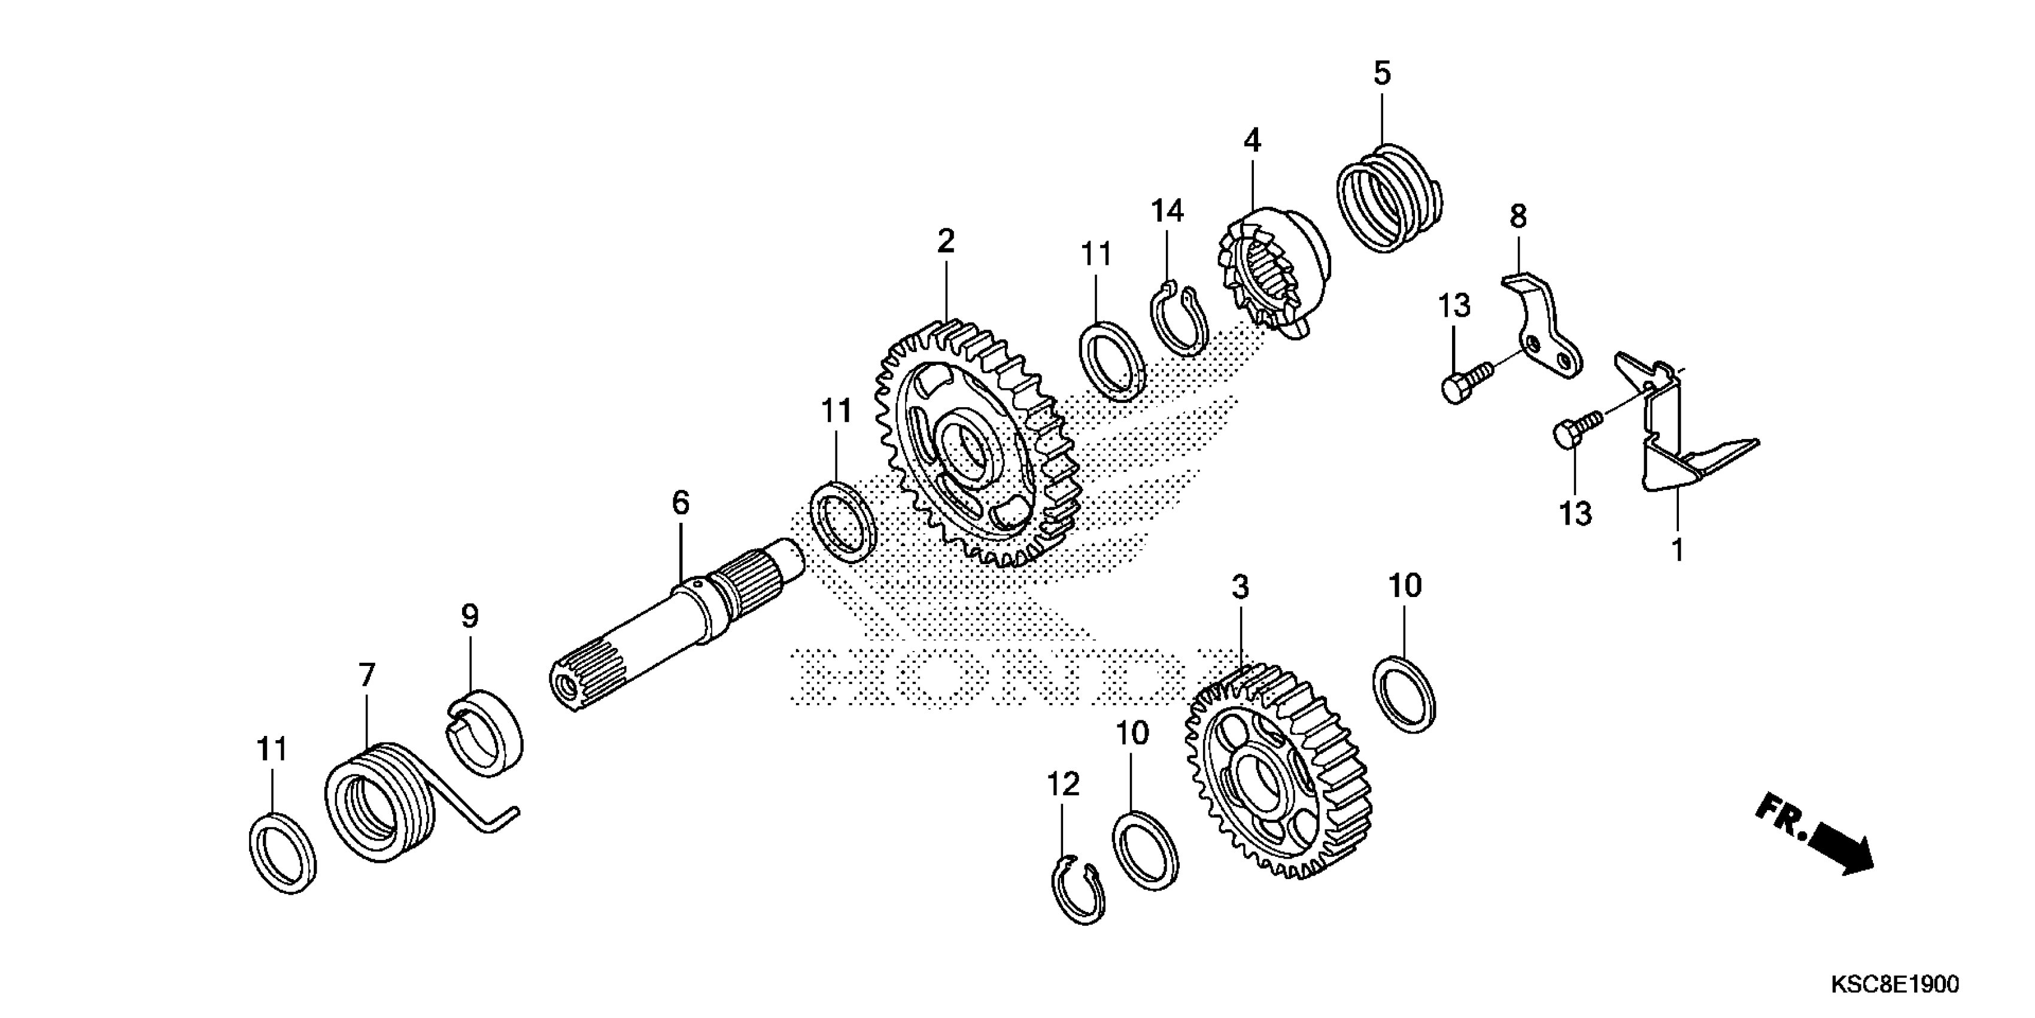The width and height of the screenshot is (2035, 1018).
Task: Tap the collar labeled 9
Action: pos(484,731)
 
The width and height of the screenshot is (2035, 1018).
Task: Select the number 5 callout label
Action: pos(1381,74)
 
